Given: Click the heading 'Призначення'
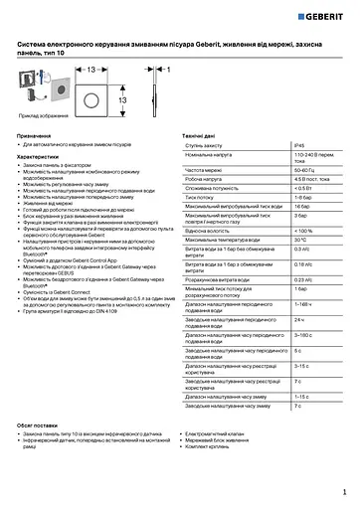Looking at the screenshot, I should coord(37,134).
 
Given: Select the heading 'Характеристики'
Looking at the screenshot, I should coord(41,155).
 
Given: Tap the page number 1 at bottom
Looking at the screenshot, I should coord(343,490).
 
